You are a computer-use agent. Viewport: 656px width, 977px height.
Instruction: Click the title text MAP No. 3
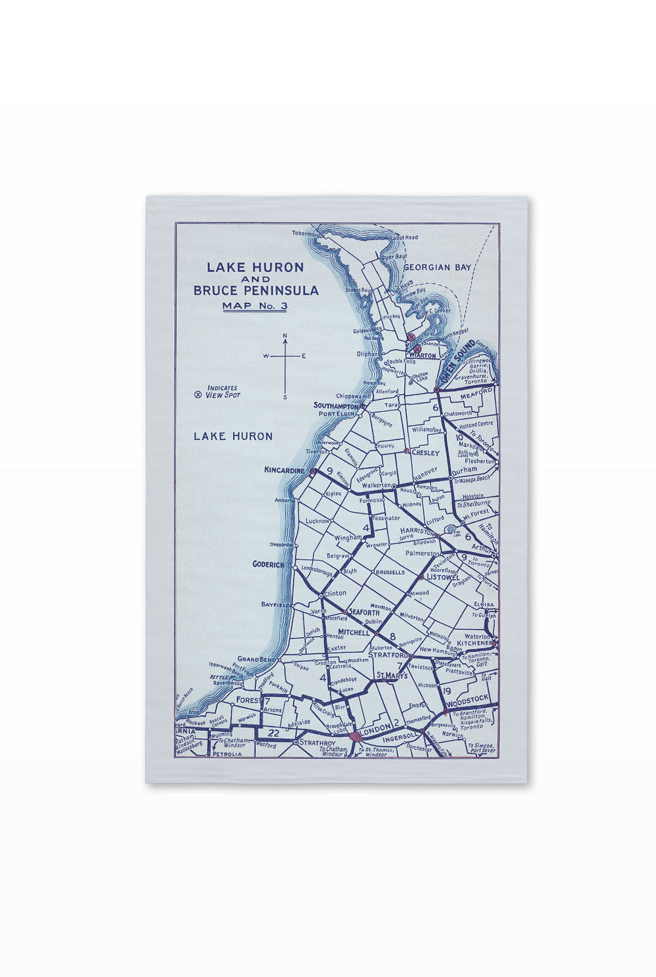point(255,305)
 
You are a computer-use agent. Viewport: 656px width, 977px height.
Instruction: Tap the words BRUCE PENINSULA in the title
point(255,290)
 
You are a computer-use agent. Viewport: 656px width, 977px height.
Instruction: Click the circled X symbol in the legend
point(197,395)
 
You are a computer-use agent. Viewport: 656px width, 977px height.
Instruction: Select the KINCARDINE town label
point(284,470)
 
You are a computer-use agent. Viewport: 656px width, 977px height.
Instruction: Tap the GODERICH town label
point(268,565)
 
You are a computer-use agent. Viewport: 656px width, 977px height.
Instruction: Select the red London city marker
point(356,735)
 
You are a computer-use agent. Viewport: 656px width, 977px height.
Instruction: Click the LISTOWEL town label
point(443,577)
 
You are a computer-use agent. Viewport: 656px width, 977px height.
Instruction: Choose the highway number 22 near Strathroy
point(274,732)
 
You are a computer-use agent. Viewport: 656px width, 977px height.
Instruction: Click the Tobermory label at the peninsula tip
point(305,233)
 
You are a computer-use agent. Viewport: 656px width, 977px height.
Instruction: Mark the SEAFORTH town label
point(364,612)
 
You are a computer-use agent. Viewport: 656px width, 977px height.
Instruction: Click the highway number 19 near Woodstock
point(447,691)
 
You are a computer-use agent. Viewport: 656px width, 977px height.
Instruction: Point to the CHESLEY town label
point(425,453)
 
